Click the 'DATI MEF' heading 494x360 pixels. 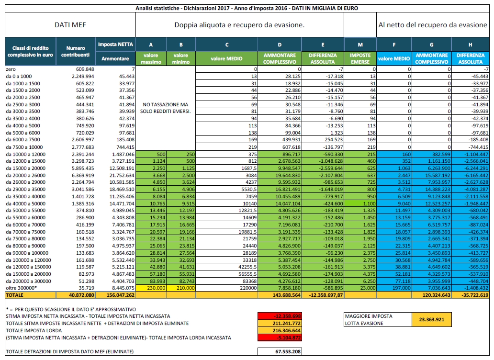[x=70, y=25]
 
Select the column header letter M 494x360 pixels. [x=360, y=45]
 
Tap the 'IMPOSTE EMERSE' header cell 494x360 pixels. [x=360, y=58]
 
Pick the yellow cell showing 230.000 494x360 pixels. [x=151, y=288]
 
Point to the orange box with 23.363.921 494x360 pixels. [x=431, y=319]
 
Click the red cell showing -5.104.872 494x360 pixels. [x=280, y=337]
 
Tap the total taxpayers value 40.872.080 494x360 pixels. [x=81, y=295]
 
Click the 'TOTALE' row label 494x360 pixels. [x=14, y=295]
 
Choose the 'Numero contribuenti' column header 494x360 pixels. [x=75, y=51]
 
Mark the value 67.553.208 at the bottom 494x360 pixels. [x=288, y=351]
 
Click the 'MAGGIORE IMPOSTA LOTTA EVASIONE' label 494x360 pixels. [x=369, y=319]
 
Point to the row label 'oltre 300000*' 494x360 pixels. [x=22, y=288]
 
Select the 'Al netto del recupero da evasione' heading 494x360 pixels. [x=433, y=25]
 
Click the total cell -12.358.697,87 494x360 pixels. [x=323, y=295]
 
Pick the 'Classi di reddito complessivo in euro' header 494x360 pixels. [x=30, y=51]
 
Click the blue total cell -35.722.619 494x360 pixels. [x=471, y=295]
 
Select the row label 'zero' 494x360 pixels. [x=11, y=69]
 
